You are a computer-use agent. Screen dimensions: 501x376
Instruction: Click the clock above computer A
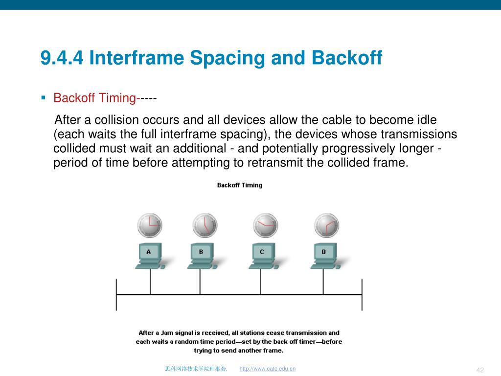coord(150,225)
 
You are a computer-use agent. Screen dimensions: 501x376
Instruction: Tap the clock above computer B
coord(205,225)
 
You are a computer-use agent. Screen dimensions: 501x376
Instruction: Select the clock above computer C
coord(266,225)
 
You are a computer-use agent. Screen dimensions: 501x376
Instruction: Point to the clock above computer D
coord(326,225)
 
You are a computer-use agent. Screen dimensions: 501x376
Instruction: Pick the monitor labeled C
coord(263,252)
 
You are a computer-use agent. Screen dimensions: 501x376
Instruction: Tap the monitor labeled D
coord(325,252)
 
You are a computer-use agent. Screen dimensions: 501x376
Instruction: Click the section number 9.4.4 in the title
coord(62,58)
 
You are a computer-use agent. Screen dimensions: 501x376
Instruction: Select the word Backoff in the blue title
coord(347,58)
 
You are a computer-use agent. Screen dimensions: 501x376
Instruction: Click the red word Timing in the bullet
coord(117,98)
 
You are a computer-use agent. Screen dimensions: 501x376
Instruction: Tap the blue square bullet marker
coord(44,98)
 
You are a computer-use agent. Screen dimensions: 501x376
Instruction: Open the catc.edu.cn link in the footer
coord(268,369)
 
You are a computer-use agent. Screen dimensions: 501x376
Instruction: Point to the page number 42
coord(480,370)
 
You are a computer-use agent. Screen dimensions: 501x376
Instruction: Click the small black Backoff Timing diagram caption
coord(240,185)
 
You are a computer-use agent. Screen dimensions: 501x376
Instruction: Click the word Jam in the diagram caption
coord(167,333)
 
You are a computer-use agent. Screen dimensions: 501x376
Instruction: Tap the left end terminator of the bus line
coord(116,294)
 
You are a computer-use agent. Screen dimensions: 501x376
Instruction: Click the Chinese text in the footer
coord(196,369)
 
